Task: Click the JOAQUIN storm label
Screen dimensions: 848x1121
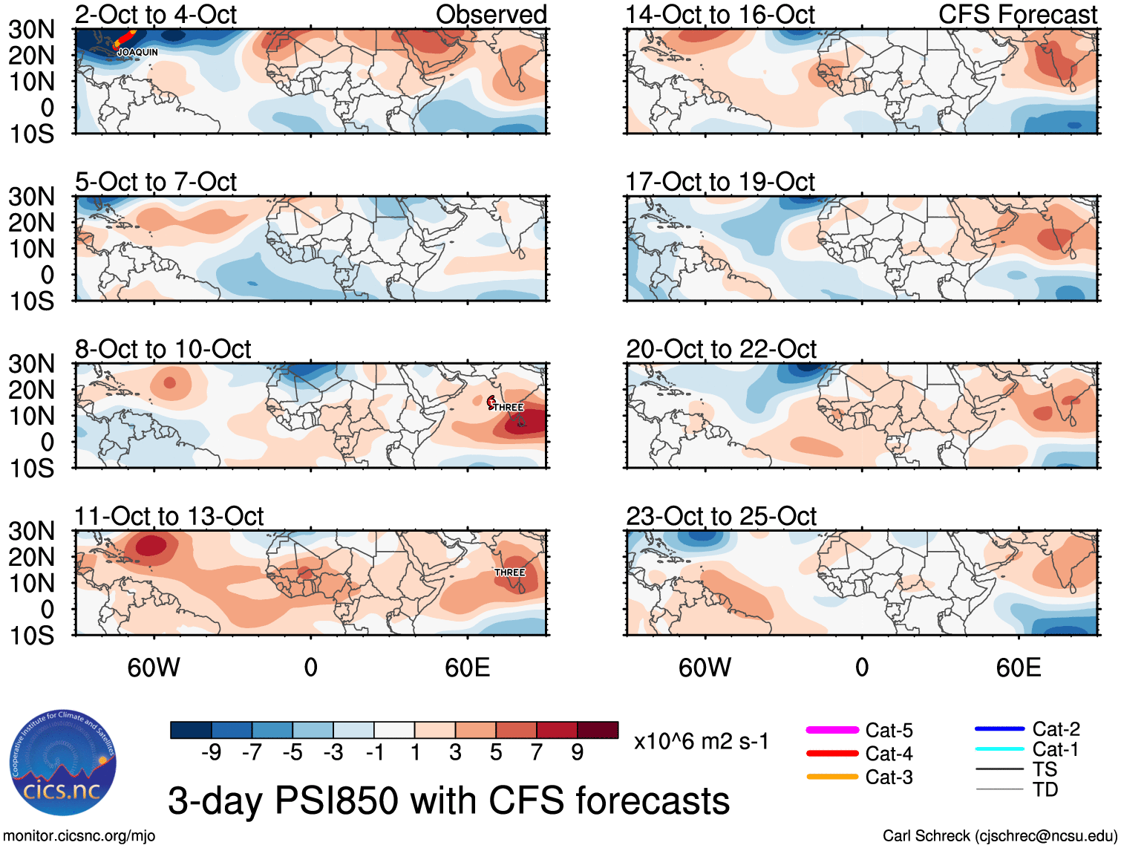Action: click(138, 52)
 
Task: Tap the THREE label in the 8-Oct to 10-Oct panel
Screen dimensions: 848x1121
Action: click(509, 407)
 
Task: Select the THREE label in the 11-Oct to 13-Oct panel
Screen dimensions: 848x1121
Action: click(509, 573)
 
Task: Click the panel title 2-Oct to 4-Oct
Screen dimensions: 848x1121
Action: click(156, 14)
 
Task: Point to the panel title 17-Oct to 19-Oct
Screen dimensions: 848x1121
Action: click(720, 182)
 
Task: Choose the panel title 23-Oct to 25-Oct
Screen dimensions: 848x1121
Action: click(721, 516)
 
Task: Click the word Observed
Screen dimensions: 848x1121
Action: click(491, 14)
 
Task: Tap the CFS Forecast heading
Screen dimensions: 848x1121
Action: click(1018, 14)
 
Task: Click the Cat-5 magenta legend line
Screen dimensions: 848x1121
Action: click(832, 731)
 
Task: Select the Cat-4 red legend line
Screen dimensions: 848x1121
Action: click(832, 754)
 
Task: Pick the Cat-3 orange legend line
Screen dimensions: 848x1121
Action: click(832, 777)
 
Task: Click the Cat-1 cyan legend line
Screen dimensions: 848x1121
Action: click(999, 749)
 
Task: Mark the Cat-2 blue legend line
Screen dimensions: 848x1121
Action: click(999, 729)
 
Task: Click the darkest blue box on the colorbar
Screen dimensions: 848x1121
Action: click(191, 730)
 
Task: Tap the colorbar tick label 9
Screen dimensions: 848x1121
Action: click(578, 753)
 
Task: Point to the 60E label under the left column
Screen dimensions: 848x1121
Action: click(468, 668)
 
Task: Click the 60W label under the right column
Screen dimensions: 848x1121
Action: click(705, 668)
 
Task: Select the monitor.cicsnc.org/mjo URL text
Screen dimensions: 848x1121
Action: click(79, 836)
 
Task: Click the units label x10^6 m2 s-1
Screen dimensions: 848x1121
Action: click(702, 741)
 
